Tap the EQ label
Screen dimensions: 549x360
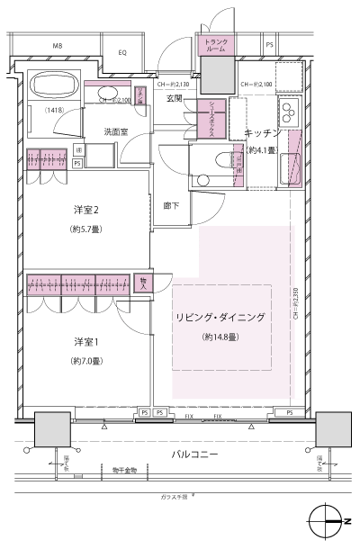(122, 53)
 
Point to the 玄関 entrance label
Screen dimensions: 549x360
(174, 98)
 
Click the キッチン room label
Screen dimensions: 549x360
(263, 133)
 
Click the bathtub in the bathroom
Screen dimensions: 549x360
(57, 87)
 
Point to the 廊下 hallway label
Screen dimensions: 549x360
(171, 205)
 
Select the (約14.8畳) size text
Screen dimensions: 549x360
(220, 337)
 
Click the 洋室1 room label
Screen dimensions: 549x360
(86, 342)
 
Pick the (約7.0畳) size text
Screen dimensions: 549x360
(86, 361)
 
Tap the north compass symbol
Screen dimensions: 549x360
(325, 521)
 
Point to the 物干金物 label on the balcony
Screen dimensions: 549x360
(125, 471)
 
